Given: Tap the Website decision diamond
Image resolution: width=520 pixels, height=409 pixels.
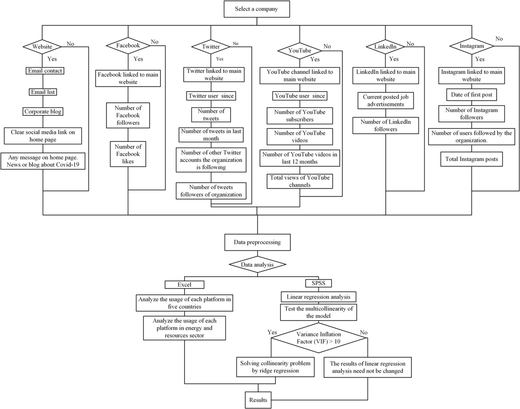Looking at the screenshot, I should tap(43, 47).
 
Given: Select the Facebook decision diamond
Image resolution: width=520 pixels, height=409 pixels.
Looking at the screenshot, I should tap(128, 45).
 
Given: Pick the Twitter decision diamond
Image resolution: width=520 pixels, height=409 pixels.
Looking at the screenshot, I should tap(211, 46).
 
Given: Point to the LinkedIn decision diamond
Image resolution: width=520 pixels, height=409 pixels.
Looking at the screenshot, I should tap(386, 46).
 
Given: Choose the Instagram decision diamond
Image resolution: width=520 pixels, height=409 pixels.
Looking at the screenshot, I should tap(472, 46).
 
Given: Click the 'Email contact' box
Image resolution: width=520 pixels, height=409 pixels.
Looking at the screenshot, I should tap(45, 71).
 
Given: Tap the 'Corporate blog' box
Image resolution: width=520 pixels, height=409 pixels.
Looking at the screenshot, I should tap(43, 111).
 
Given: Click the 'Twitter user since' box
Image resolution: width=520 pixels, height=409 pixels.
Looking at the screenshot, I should tap(211, 95).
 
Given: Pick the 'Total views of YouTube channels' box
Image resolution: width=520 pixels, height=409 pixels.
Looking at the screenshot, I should tap(300, 181).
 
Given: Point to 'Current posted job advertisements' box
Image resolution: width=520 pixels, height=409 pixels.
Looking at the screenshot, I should tap(386, 101).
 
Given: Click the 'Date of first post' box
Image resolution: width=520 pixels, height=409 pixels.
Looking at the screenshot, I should tap(472, 95).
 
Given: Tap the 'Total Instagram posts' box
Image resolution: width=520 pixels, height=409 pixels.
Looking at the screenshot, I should tap(472, 160).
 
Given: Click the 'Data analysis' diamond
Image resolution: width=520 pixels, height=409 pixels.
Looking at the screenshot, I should tap(257, 264).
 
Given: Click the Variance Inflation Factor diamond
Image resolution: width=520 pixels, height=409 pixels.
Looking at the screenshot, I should tap(319, 338).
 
